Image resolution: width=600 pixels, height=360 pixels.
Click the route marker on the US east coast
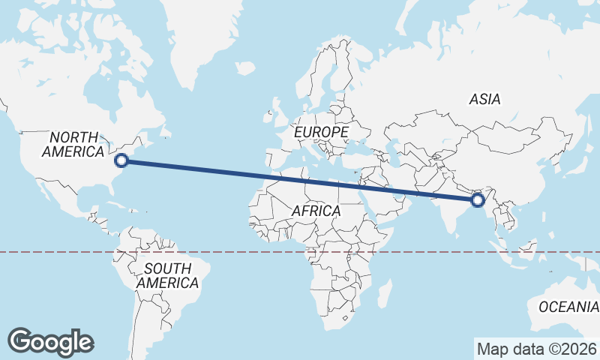tap(121, 159)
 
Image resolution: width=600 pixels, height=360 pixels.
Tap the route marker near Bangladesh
tap(478, 200)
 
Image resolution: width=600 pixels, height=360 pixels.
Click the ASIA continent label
tap(484, 99)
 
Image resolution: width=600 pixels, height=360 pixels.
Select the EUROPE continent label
tap(321, 132)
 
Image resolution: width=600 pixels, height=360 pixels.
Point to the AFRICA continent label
tap(316, 211)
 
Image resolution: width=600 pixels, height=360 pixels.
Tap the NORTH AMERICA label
tap(73, 144)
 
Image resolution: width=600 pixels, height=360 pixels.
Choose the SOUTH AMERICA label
tap(167, 276)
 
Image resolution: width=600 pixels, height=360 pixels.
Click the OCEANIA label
tap(568, 307)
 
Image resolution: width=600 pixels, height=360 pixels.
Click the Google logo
tap(50, 341)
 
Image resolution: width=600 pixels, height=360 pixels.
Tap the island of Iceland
tap(245, 68)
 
